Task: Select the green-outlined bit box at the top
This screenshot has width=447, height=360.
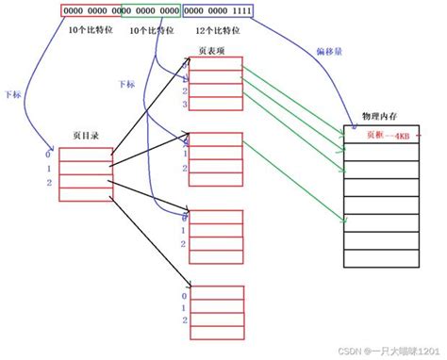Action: tap(151, 11)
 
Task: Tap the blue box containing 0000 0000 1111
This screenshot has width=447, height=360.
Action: tap(218, 11)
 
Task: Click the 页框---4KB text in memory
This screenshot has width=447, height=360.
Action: tap(383, 135)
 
